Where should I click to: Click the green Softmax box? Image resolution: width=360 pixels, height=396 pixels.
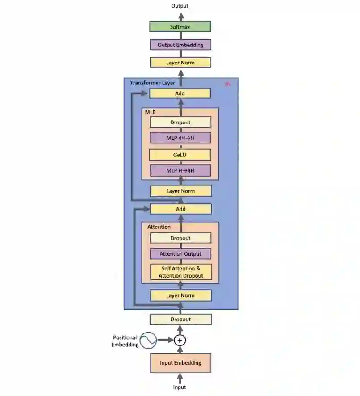[180, 27]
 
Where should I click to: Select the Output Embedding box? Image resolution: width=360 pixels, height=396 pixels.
[180, 45]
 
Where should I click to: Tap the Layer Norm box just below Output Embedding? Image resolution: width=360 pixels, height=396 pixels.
[180, 63]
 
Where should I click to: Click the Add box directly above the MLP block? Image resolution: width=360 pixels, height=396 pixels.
[180, 93]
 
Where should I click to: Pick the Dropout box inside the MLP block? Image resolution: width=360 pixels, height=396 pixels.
[180, 122]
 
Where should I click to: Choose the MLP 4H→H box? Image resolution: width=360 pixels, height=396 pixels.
[180, 138]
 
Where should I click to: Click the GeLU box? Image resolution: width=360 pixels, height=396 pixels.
[180, 155]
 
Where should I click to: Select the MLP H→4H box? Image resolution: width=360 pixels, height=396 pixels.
[180, 170]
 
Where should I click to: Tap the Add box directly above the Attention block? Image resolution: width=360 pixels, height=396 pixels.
[180, 209]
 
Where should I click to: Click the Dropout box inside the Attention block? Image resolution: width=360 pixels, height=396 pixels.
[180, 238]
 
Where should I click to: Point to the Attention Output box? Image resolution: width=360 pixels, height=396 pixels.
[180, 254]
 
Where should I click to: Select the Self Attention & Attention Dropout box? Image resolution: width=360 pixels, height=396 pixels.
[180, 272]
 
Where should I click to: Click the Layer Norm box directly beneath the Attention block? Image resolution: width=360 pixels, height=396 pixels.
[180, 295]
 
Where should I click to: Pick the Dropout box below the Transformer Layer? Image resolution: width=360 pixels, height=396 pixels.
[180, 320]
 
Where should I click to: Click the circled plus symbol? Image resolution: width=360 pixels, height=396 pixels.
[180, 341]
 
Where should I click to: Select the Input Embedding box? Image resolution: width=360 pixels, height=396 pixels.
[180, 363]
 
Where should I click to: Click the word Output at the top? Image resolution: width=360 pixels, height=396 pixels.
[180, 6]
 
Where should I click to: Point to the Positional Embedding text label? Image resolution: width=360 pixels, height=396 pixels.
[125, 341]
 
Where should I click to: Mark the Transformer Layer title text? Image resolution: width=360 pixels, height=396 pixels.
[152, 83]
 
